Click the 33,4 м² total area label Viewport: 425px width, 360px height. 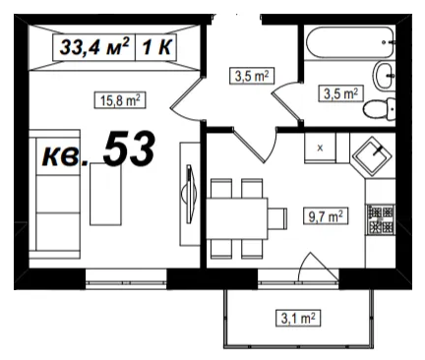[x=94, y=47]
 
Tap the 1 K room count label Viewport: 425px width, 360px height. [x=156, y=47]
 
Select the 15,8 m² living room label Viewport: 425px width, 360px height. [x=120, y=100]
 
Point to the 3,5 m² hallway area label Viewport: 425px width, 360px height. [x=252, y=76]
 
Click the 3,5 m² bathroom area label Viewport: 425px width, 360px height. [x=340, y=93]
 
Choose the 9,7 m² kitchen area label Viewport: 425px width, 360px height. [x=326, y=216]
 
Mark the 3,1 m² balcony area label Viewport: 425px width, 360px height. [x=298, y=318]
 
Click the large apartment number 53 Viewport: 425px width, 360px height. [x=129, y=149]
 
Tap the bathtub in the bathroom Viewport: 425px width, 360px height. [x=350, y=42]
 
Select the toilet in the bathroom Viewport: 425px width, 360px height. [x=380, y=108]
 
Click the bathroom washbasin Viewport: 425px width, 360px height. [x=384, y=76]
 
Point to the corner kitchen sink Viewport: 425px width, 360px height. [x=372, y=155]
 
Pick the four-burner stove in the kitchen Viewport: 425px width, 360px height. [x=381, y=219]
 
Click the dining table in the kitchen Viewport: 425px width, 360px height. [x=237, y=218]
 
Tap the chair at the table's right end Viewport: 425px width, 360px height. [x=277, y=218]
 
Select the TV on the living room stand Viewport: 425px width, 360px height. [x=189, y=195]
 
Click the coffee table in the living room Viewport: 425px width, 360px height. [x=105, y=194]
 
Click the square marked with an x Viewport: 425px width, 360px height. [x=320, y=148]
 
